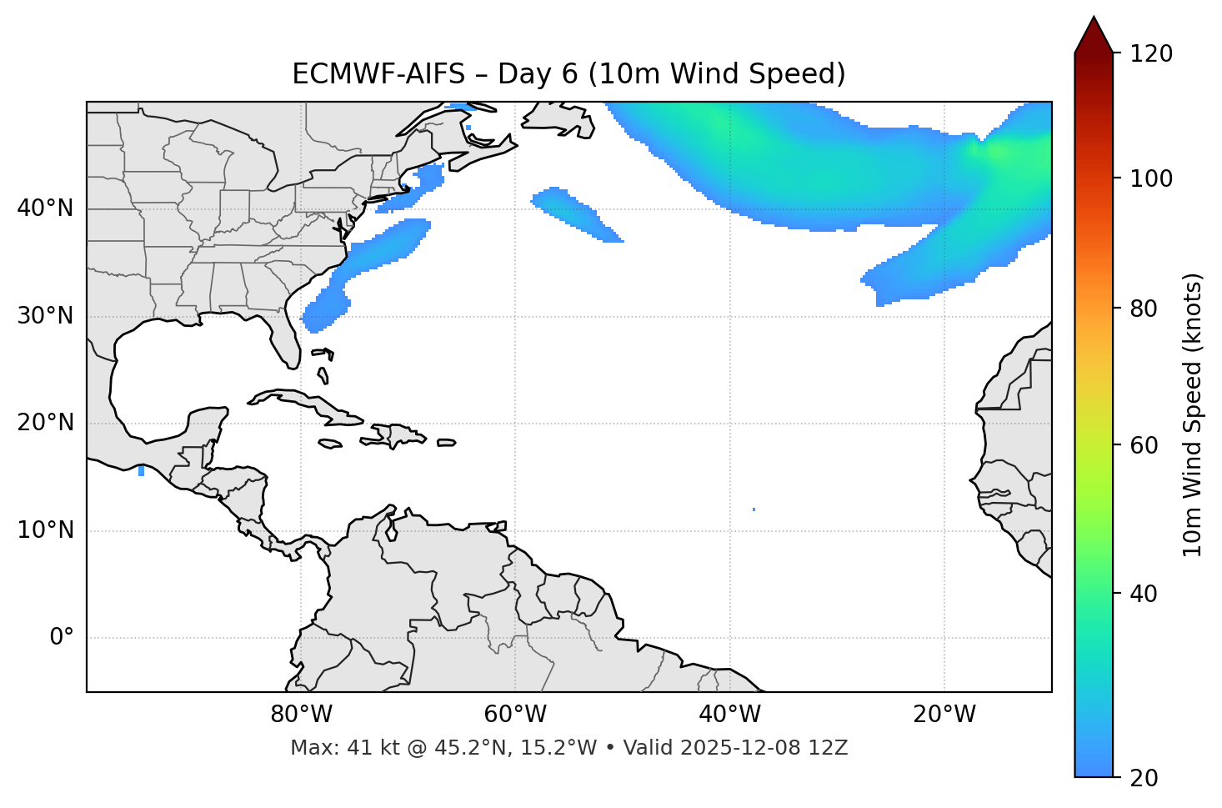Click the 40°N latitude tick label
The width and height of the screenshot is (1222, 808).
[x=45, y=208]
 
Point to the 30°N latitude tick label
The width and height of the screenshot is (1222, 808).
[x=45, y=316]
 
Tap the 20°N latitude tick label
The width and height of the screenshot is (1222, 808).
[x=45, y=423]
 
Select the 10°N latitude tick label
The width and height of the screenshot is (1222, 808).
[x=45, y=530]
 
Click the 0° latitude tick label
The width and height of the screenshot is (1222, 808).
[x=62, y=638]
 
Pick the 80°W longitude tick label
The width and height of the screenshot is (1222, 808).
[x=301, y=715]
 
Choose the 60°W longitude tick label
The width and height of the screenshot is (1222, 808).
[x=515, y=715]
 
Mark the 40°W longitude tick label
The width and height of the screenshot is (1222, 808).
[x=729, y=715]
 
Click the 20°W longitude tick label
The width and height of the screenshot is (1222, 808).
[x=944, y=715]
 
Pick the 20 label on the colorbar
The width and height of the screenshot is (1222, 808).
[x=1144, y=778]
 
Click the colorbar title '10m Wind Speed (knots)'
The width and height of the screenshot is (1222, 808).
[x=1194, y=414]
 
